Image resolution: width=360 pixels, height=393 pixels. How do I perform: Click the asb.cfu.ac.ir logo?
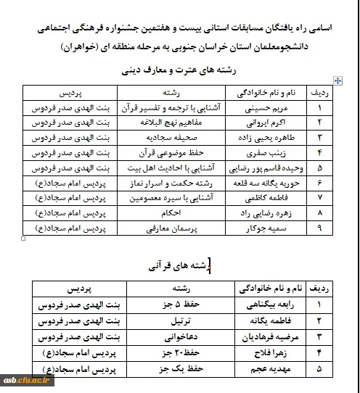pos(26,381)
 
